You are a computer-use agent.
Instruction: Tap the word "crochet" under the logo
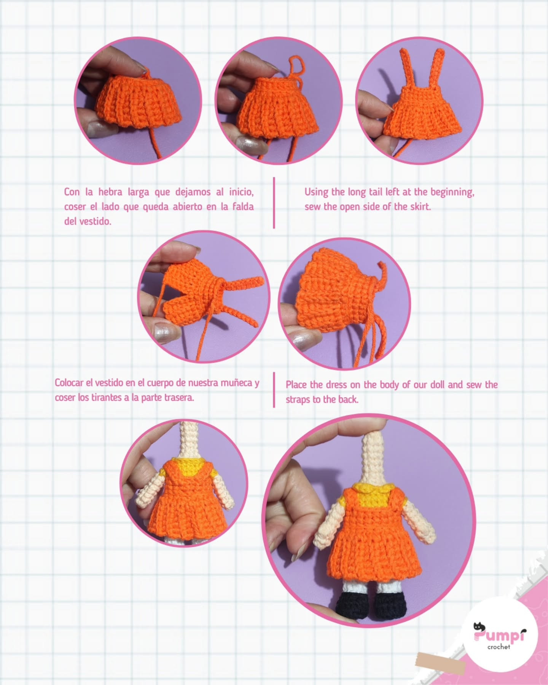(x=499, y=647)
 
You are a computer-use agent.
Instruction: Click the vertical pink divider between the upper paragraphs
(x=274, y=203)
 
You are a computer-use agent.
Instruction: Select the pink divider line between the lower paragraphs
(x=274, y=390)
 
